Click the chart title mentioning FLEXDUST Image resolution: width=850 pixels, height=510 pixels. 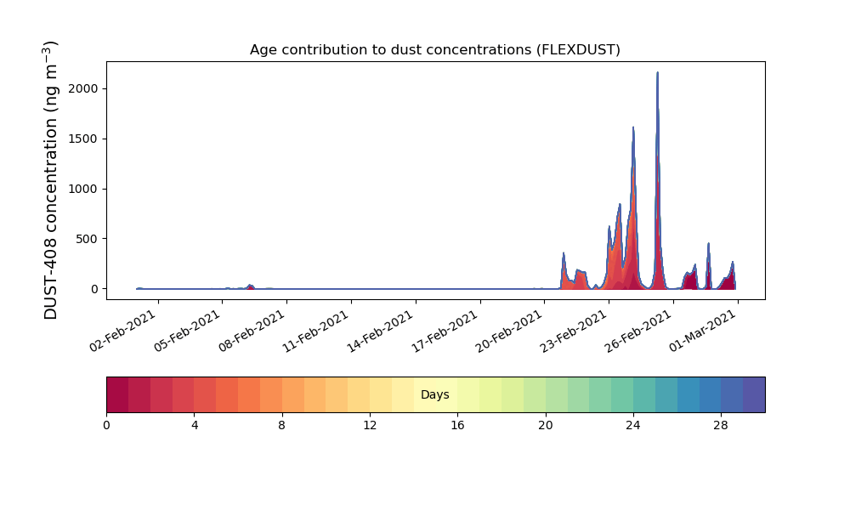coord(434,50)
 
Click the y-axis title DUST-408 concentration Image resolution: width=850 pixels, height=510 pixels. coord(50,180)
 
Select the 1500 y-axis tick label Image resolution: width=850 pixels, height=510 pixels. coord(83,139)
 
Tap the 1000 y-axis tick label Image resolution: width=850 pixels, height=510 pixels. coord(83,190)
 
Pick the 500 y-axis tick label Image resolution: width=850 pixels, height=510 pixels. coord(88,239)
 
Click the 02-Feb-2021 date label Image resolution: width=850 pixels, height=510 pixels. coord(122,331)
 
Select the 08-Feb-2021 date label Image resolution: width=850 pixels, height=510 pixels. coord(252,331)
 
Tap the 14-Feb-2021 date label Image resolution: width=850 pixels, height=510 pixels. coord(380,331)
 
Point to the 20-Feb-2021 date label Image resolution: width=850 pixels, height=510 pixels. coord(509,331)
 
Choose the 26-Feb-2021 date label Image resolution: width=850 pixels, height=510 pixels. coord(638,331)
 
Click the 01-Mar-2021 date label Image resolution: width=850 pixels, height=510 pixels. coord(703,331)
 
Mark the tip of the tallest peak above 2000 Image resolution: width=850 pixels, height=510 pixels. coord(658,72)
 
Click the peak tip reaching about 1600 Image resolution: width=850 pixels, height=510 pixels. coord(633,127)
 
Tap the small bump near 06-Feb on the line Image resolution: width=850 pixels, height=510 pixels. coord(250,285)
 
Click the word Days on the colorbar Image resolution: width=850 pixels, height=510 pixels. coord(434,394)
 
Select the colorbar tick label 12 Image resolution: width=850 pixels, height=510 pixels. coord(370,426)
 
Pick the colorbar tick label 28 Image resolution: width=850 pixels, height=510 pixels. coord(721,426)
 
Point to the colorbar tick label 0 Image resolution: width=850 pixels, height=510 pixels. coord(107,426)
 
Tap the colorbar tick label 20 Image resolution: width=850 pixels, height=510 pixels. coord(546,426)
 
